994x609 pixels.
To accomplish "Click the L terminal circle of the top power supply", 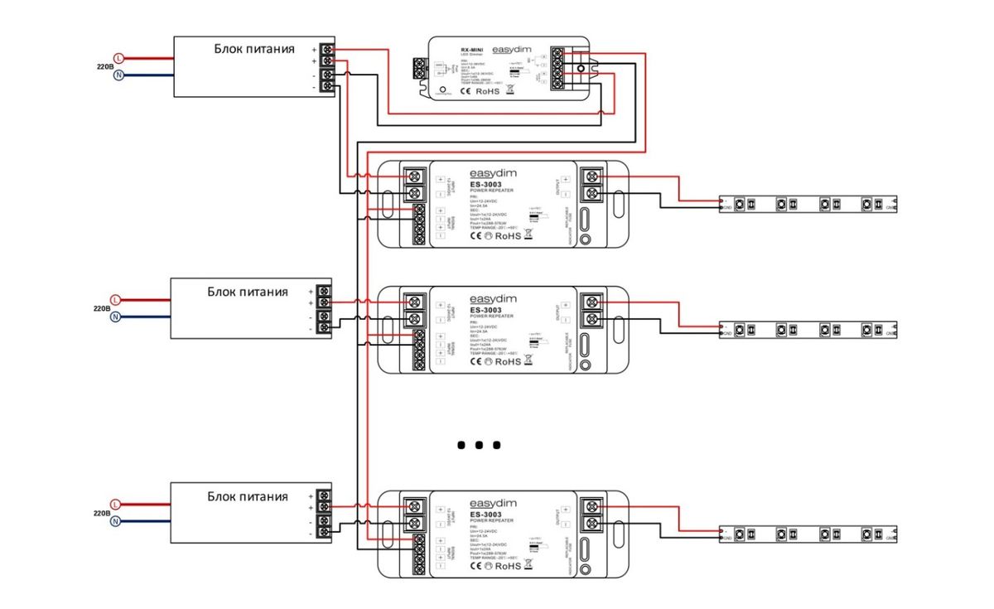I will click(x=118, y=58).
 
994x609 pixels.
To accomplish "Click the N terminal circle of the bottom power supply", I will click(x=116, y=521).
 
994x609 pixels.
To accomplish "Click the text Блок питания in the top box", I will click(x=253, y=49).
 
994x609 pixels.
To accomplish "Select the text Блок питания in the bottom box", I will click(x=248, y=496).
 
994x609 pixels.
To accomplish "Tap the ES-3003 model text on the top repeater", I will click(x=485, y=185).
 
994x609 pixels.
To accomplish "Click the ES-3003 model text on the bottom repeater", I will click(x=485, y=514).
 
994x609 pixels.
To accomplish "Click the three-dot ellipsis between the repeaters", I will click(x=479, y=445).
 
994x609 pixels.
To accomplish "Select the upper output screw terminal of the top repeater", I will click(x=592, y=176).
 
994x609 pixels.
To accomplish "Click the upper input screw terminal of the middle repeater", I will click(x=413, y=302).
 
